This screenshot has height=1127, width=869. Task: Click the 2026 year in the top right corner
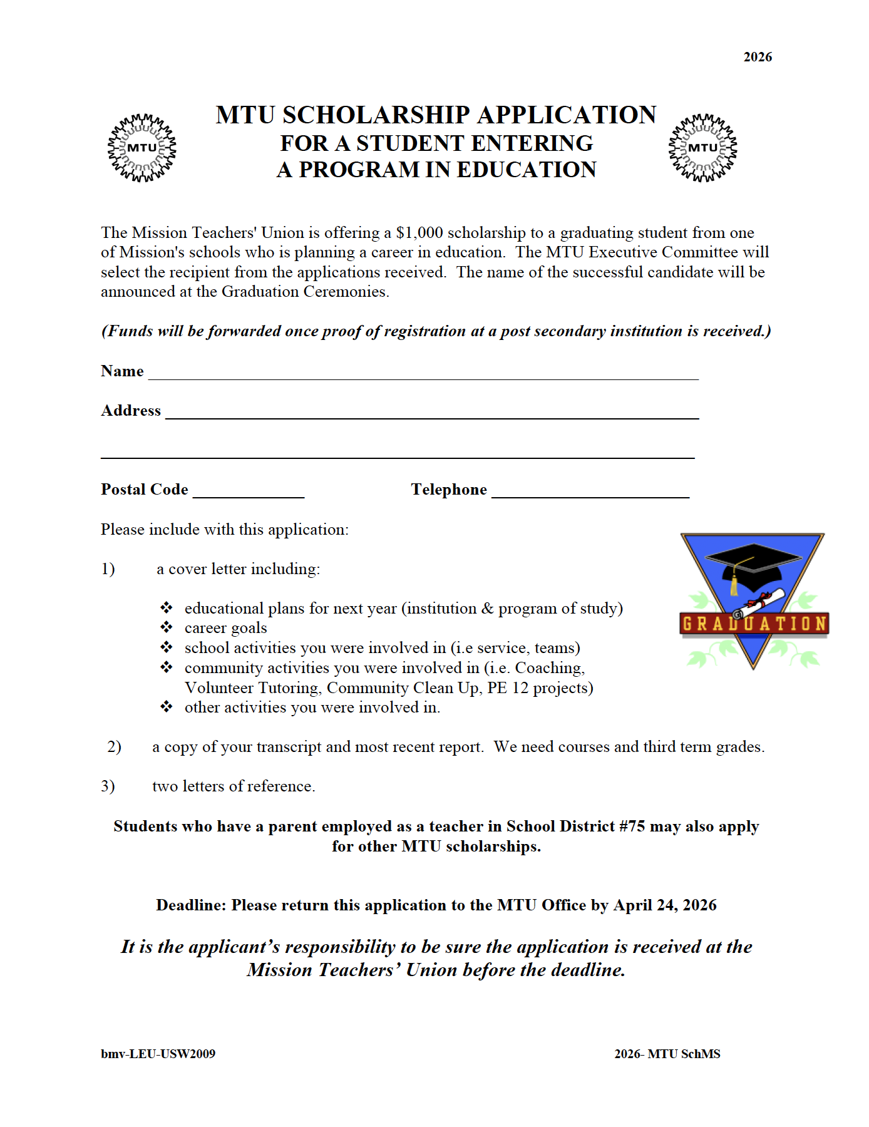click(758, 57)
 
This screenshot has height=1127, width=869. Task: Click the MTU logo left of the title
click(142, 148)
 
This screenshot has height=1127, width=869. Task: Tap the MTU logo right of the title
click(702, 148)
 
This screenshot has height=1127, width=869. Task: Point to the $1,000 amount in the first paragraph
click(419, 233)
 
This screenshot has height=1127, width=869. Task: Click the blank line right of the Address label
click(432, 414)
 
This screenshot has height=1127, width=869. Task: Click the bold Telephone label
click(449, 490)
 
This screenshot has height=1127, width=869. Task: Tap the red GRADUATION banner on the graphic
click(754, 624)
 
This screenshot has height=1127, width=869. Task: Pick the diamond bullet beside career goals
click(167, 627)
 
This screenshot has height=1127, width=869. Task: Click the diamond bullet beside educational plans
click(167, 608)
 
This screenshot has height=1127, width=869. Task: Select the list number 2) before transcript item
click(114, 747)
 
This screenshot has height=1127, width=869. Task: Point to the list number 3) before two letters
click(108, 786)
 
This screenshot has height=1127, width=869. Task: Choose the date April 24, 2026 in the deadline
click(665, 905)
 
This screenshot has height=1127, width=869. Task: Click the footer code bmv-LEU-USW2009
click(158, 1054)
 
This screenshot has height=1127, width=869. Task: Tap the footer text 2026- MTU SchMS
click(667, 1054)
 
